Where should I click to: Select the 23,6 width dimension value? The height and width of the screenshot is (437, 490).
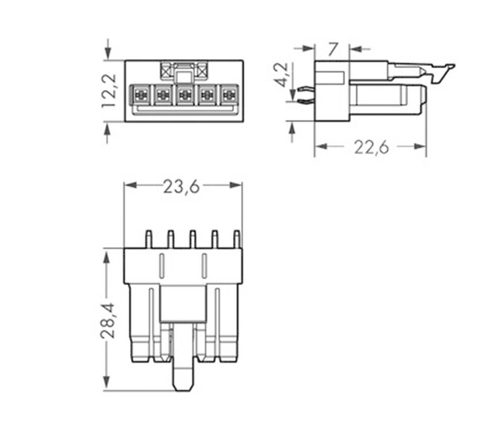point(181,187)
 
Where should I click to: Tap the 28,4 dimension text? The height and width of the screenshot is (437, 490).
point(107,320)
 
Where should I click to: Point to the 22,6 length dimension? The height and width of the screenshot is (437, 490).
point(371,147)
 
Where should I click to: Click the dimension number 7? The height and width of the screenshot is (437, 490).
point(332,50)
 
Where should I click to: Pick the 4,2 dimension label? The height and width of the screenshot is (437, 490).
point(281,75)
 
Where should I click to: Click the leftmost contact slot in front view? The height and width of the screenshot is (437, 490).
point(140,95)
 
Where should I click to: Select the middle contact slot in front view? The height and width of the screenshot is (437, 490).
point(185,95)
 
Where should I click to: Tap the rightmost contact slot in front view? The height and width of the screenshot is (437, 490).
point(229,95)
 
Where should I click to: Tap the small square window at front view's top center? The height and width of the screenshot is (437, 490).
point(184,76)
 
